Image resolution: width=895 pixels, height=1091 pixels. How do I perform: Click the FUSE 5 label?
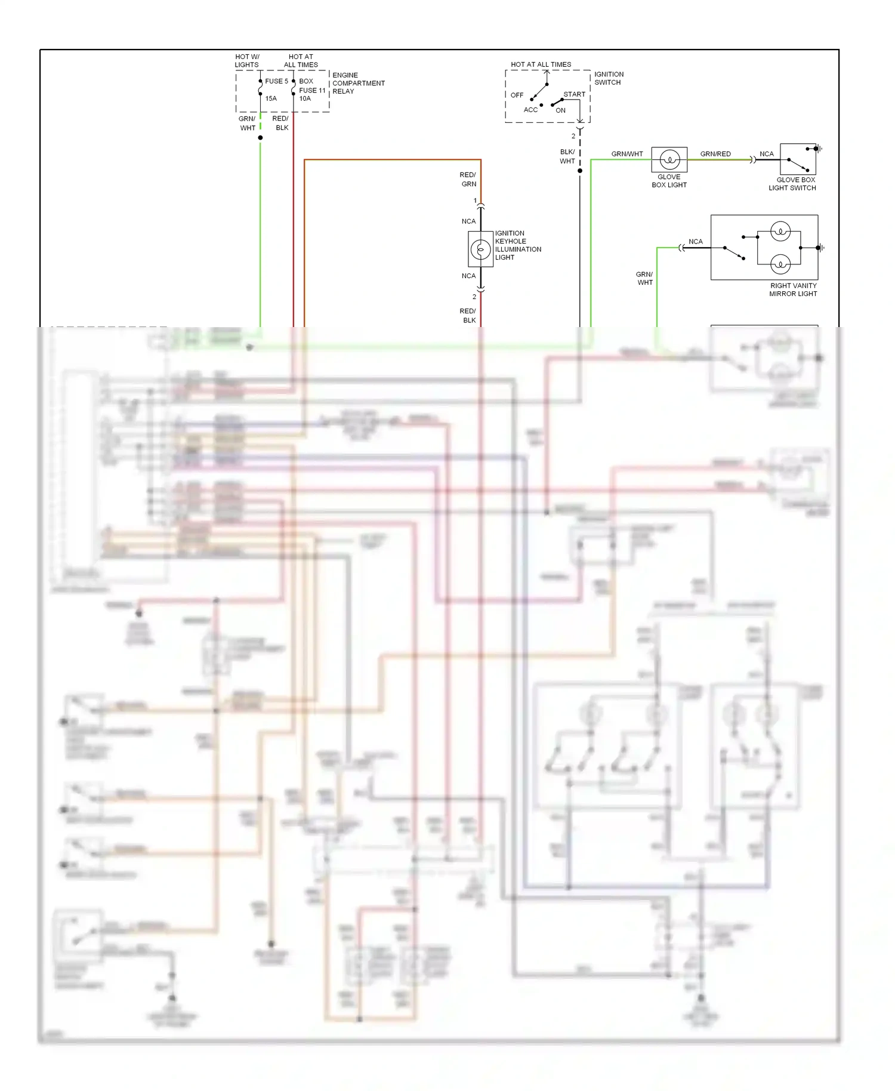point(276,81)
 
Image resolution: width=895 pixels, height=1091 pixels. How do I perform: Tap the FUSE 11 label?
point(312,91)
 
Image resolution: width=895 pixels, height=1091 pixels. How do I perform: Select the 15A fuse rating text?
point(271,98)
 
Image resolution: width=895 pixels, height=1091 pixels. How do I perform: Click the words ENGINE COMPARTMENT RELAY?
point(358,84)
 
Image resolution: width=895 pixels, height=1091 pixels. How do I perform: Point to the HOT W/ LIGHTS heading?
point(247,61)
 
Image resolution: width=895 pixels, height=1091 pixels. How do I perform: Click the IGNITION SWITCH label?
point(609,78)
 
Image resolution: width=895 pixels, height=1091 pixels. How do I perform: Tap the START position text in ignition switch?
point(574,94)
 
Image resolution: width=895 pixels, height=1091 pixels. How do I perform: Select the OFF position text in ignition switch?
point(517,95)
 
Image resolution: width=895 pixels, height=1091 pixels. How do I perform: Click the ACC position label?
point(530,110)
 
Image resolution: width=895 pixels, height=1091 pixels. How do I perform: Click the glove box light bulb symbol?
point(669,160)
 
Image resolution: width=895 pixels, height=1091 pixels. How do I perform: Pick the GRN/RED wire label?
point(715,154)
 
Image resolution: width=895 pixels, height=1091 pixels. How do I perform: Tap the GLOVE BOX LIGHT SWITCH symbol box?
point(798,159)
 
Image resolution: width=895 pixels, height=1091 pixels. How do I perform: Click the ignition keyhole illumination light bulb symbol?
point(480,249)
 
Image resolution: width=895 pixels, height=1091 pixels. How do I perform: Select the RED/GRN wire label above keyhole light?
point(468,180)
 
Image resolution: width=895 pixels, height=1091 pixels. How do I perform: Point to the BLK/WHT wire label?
point(567,156)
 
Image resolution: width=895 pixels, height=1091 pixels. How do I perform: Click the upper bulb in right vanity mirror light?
point(780,231)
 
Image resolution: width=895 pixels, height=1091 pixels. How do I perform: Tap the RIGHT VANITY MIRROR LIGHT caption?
point(793,289)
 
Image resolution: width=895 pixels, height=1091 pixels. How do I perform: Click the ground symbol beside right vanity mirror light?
point(822,248)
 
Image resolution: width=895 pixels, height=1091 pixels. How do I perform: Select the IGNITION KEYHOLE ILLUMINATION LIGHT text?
point(517,245)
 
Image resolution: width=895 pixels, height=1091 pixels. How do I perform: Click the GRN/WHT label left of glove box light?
point(627,154)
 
